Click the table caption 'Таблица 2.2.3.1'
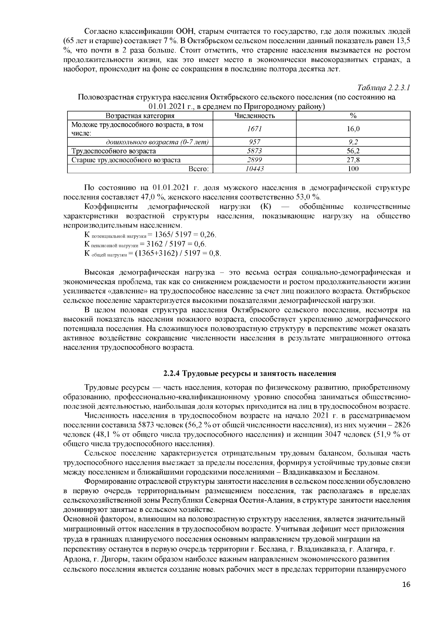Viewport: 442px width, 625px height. click(x=384, y=88)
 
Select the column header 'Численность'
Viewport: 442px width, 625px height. click(x=255, y=116)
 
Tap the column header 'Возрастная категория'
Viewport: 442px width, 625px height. click(x=140, y=116)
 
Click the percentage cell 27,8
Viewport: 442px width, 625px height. click(x=353, y=160)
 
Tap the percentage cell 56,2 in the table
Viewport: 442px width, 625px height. click(x=353, y=151)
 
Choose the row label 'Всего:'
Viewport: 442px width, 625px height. click(x=199, y=169)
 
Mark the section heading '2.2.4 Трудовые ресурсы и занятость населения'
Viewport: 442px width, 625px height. click(x=250, y=373)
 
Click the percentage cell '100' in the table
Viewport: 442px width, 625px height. click(x=353, y=169)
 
